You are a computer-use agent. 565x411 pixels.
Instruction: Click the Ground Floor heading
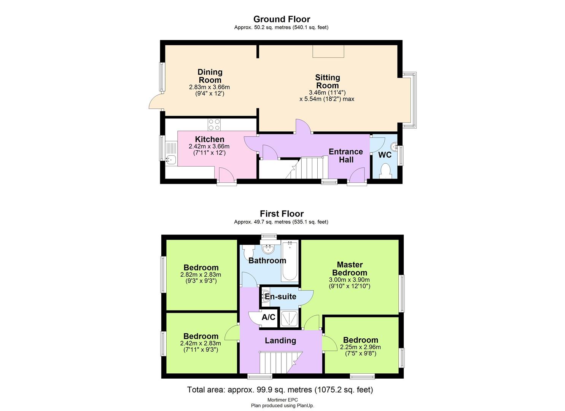coord(282,19)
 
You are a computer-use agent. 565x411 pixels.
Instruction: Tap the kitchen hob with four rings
coord(214,125)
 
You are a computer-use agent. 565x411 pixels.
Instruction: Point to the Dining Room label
coord(210,76)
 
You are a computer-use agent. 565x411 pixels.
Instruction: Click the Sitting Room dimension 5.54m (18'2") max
coord(327,99)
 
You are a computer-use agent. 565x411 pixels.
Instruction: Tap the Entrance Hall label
coord(346,155)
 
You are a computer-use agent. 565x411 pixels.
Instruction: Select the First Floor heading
coord(282,214)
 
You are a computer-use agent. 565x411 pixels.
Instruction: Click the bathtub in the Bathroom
coord(290,261)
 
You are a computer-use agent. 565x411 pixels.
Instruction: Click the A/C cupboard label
coord(268,317)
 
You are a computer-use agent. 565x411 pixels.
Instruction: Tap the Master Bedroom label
coord(350,268)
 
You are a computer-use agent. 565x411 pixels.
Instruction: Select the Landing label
coord(280,341)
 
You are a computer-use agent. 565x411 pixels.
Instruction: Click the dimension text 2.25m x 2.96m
coord(360,347)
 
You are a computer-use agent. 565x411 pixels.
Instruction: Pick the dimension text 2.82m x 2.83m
coord(201,274)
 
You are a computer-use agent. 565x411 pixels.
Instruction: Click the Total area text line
coord(280,390)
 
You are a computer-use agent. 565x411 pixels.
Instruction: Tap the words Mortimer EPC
coord(282,400)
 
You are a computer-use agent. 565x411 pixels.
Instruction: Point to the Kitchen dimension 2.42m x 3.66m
coord(209,147)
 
